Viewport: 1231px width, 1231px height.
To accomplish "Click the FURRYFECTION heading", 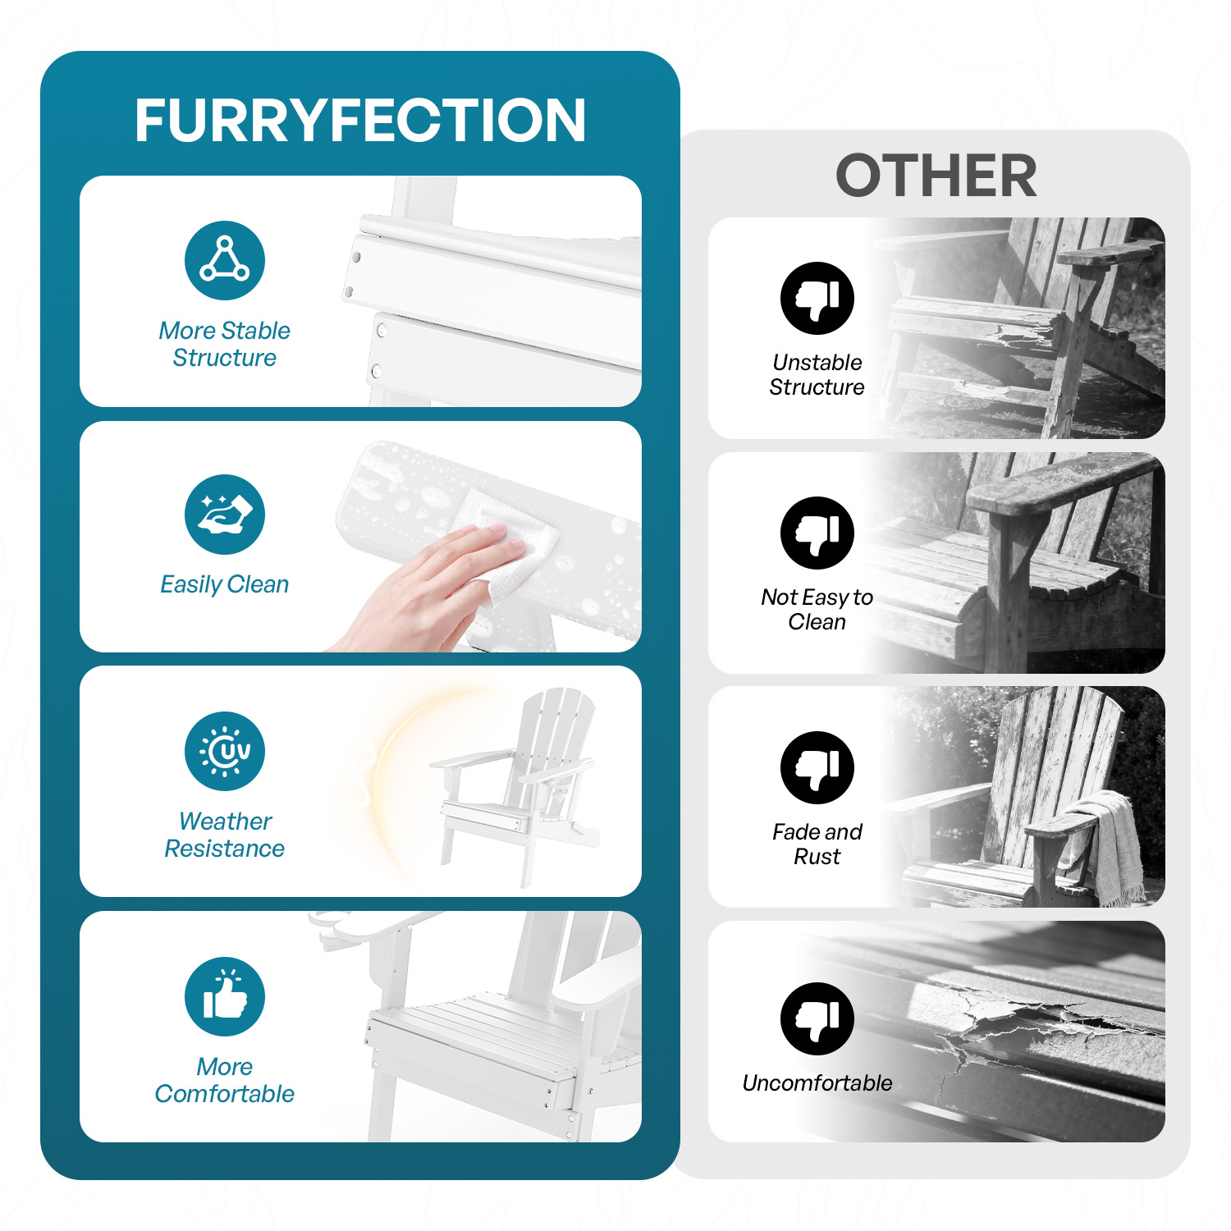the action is pyautogui.click(x=360, y=121).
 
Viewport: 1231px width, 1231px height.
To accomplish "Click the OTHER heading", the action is pyautogui.click(x=936, y=176).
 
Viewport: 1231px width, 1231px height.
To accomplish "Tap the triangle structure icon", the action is pyautogui.click(x=225, y=260).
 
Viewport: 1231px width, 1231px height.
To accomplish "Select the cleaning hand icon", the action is pyautogui.click(x=225, y=515).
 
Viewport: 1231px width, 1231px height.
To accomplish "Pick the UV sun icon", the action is pyautogui.click(x=225, y=751).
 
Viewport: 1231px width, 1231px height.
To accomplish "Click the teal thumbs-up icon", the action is pyautogui.click(x=225, y=996).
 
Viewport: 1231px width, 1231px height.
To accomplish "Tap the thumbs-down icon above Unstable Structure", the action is pyautogui.click(x=817, y=298).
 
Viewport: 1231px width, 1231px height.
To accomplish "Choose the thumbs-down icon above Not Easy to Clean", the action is pyautogui.click(x=817, y=533).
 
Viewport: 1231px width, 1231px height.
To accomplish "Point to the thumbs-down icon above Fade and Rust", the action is pyautogui.click(x=817, y=767).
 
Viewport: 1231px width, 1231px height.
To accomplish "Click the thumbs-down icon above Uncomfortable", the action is pyautogui.click(x=817, y=1018).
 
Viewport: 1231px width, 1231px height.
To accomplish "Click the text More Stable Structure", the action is pyautogui.click(x=225, y=344).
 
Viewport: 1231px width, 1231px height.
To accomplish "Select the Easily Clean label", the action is pyautogui.click(x=225, y=584).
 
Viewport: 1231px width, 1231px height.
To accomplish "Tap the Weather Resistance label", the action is pyautogui.click(x=225, y=835).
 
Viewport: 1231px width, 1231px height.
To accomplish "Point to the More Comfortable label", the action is pyautogui.click(x=225, y=1080).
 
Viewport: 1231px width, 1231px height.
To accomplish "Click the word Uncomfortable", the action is pyautogui.click(x=817, y=1083).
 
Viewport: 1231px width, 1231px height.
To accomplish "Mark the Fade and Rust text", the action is pyautogui.click(x=817, y=844).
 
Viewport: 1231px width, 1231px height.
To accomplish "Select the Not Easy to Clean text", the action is pyautogui.click(x=817, y=609).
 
